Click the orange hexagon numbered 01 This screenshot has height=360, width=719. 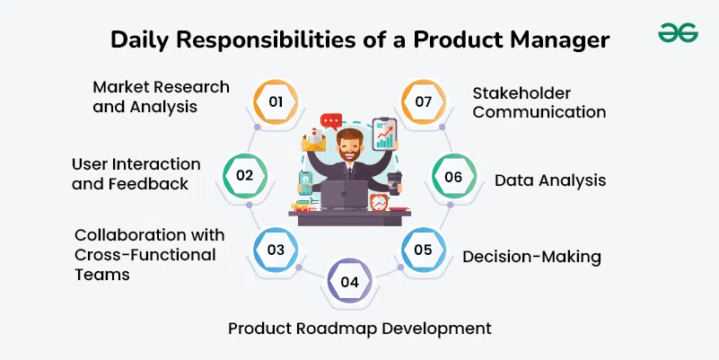[276, 101]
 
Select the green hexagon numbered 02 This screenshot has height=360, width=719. [245, 176]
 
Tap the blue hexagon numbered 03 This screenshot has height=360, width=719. [276, 250]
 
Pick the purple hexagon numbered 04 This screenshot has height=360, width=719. [349, 281]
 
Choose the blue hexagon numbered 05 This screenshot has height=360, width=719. [424, 250]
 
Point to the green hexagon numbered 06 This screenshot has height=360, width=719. [454, 177]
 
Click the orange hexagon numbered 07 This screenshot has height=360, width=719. [424, 101]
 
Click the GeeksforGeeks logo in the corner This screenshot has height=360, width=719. [678, 32]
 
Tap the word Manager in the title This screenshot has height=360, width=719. [558, 40]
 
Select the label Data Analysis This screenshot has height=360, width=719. [550, 180]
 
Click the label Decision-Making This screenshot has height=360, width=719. [531, 257]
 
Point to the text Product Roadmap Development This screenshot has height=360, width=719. [359, 329]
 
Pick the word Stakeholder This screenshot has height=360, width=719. [522, 93]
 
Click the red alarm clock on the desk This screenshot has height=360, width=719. [379, 202]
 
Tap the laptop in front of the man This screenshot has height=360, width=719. [345, 195]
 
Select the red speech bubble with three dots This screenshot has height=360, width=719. [331, 121]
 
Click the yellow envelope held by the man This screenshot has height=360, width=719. [313, 140]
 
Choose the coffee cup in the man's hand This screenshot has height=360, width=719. [394, 183]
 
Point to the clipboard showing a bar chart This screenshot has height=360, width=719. [385, 135]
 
